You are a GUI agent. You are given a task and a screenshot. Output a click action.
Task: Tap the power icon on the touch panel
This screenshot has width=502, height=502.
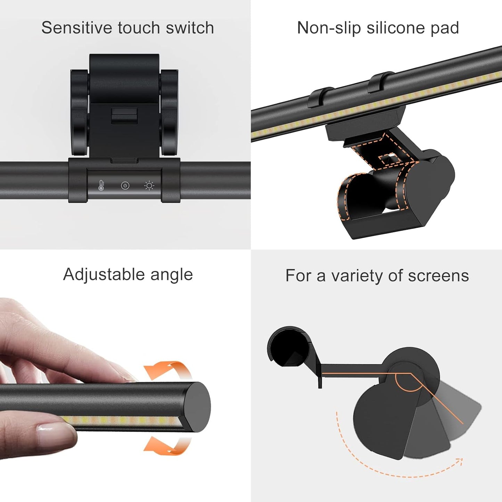click(x=125, y=186)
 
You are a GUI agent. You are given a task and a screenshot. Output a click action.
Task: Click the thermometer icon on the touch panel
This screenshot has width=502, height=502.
click(x=101, y=185)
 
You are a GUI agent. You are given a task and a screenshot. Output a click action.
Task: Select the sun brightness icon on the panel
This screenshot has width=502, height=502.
click(x=149, y=186)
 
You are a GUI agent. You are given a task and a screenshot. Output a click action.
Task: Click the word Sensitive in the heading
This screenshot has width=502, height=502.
click(x=77, y=27)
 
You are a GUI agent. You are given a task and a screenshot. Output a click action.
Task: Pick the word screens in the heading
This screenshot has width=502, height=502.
click(x=438, y=275)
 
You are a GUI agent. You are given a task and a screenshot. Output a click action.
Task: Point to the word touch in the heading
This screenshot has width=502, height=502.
click(x=139, y=27)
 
